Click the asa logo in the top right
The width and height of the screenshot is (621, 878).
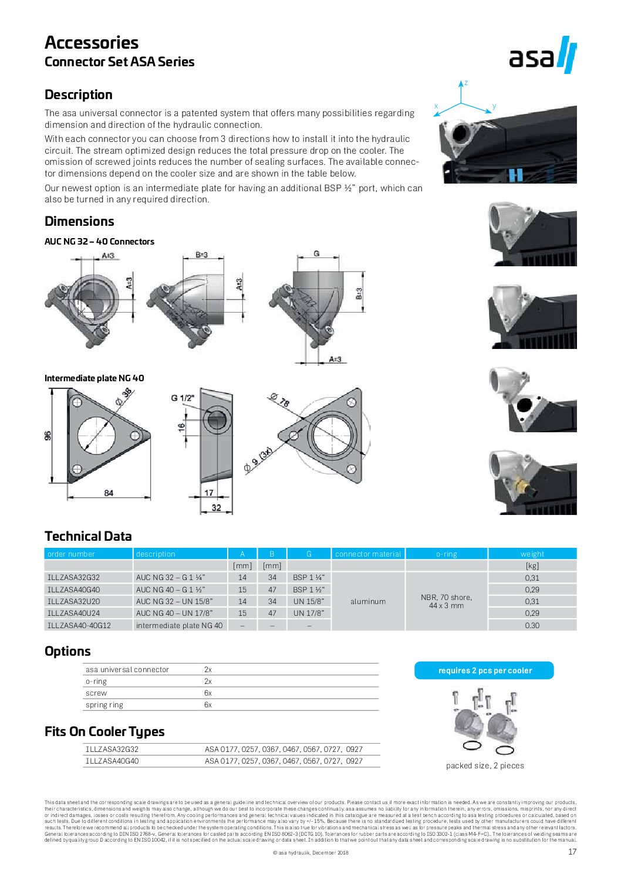(542, 56)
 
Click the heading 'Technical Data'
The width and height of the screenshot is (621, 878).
(88, 536)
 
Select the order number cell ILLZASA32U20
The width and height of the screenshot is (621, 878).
(74, 601)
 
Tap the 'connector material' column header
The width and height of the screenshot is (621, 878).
(368, 554)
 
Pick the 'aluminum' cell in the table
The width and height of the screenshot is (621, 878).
(368, 601)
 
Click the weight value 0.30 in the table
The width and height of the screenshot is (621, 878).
(532, 625)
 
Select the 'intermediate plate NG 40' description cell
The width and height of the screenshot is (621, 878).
(179, 625)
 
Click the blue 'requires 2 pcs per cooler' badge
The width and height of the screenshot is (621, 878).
(484, 670)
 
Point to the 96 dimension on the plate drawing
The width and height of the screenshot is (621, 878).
(48, 435)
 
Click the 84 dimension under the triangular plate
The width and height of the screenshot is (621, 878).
(109, 493)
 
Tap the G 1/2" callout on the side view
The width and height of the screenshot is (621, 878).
(183, 398)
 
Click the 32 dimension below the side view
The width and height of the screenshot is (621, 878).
(217, 508)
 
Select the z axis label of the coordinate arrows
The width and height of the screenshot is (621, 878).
(466, 83)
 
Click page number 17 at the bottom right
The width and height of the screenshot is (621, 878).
(572, 852)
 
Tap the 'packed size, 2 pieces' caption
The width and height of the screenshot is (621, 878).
(485, 765)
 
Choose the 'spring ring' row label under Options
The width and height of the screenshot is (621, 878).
(104, 705)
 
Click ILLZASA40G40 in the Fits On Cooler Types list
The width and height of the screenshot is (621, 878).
(112, 761)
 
